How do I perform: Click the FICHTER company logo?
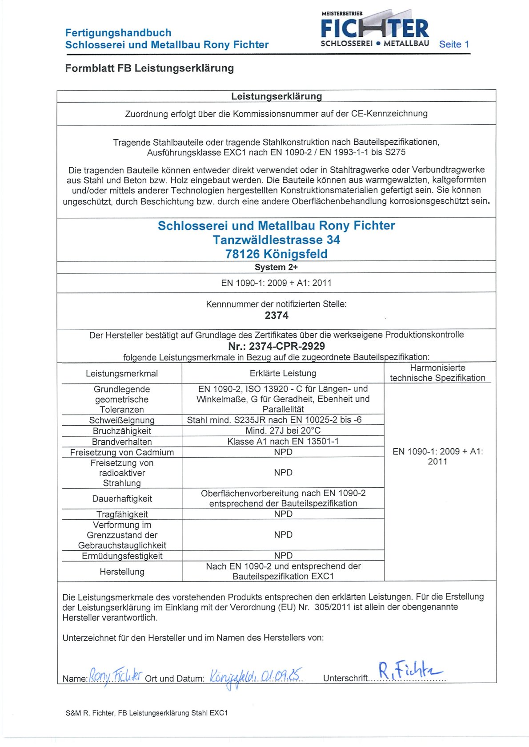(374, 29)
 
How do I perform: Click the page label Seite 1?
(454, 44)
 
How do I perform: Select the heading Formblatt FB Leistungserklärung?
(149, 68)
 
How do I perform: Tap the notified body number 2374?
(277, 316)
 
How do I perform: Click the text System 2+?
(276, 267)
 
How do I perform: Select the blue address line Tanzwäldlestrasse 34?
(276, 240)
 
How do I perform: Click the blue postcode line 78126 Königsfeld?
(276, 254)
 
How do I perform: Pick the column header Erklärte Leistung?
(283, 373)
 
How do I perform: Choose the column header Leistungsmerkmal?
(122, 374)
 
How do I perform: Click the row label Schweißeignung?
(122, 420)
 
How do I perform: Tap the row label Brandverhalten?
(122, 442)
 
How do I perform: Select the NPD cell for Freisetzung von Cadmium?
(283, 452)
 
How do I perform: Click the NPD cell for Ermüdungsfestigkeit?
(283, 556)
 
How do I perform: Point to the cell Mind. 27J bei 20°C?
(283, 431)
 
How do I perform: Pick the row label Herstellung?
(122, 572)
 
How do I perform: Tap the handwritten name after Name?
(116, 676)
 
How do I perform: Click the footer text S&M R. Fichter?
(147, 713)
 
